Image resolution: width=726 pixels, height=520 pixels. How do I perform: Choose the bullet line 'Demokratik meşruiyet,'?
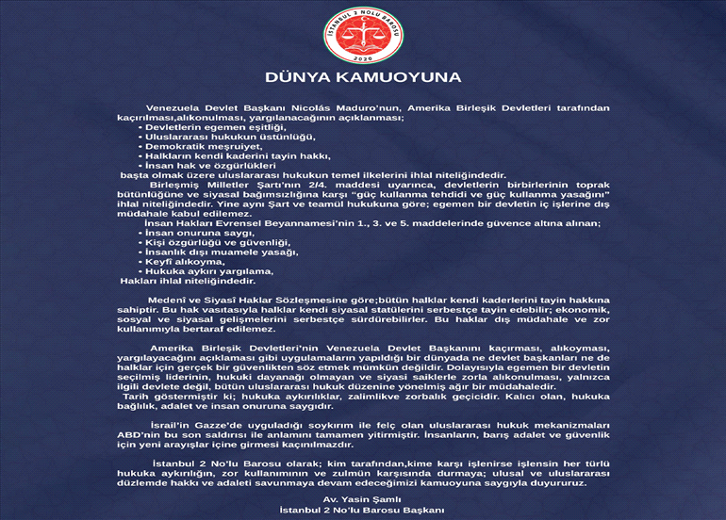click(x=201, y=147)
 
